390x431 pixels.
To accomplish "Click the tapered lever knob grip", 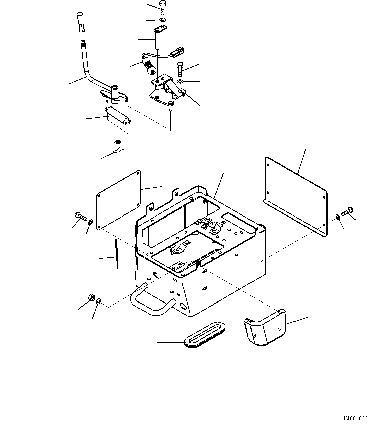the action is tap(81, 22).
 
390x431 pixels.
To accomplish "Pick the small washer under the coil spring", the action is tap(118, 142).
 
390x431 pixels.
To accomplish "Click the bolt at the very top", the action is tap(162, 8).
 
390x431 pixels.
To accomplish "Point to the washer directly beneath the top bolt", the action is tap(163, 20).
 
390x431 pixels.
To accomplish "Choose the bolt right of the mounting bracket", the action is tap(180, 69).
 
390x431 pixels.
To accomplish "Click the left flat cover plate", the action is tap(118, 200).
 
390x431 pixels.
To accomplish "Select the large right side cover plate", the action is tap(295, 196).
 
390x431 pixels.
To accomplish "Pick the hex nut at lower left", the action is tap(91, 297).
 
